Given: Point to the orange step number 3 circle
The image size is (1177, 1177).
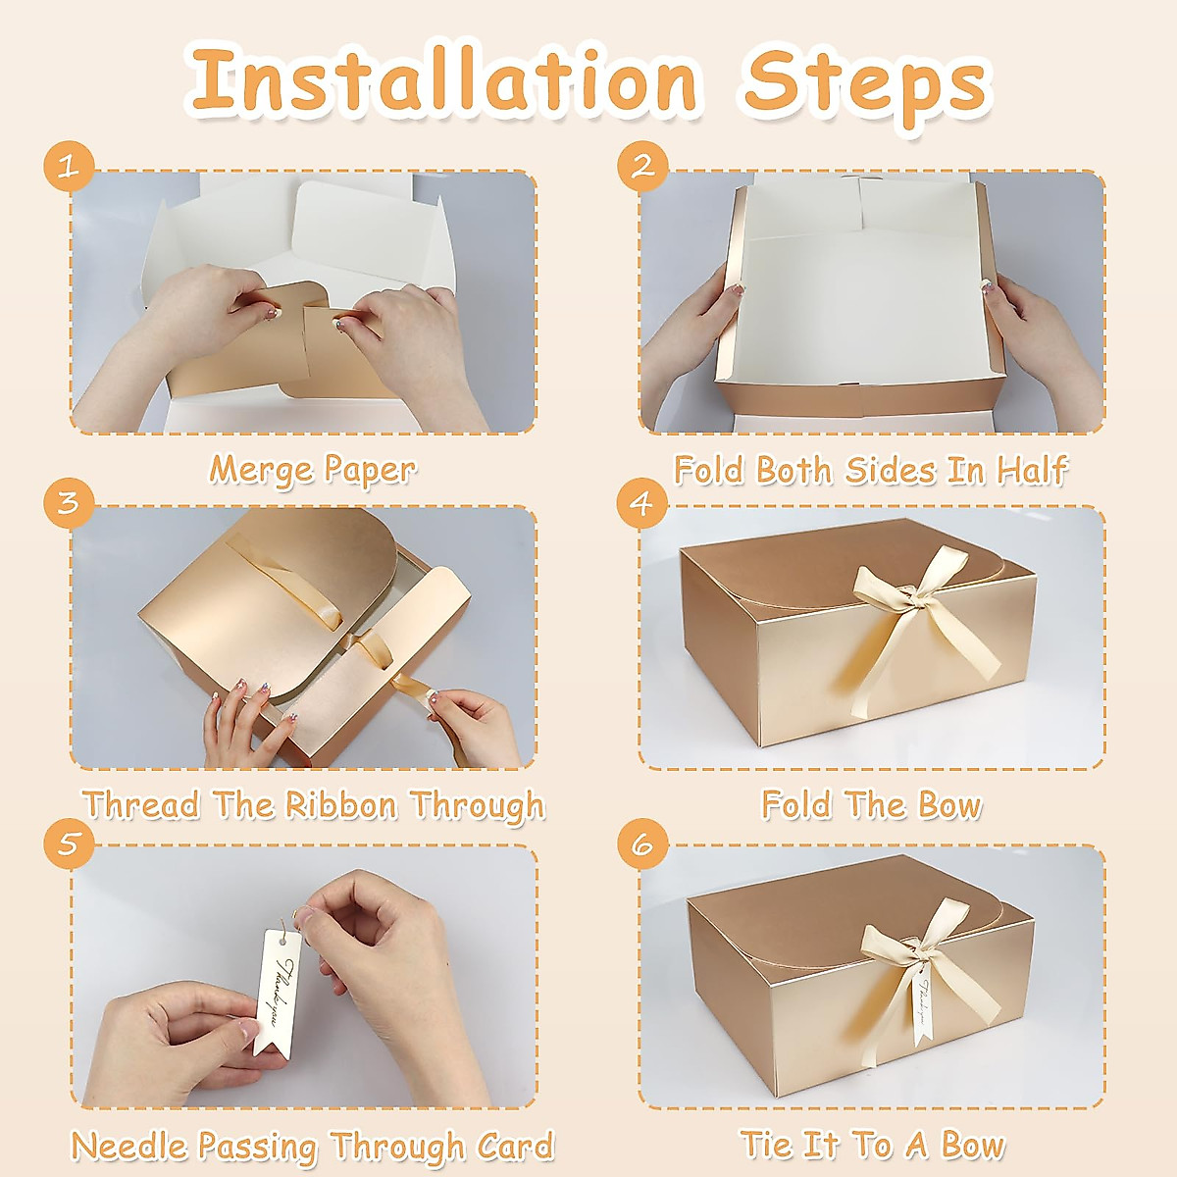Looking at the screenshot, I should pyautogui.click(x=68, y=503).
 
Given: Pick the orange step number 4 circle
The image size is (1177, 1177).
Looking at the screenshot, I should pyautogui.click(x=641, y=503).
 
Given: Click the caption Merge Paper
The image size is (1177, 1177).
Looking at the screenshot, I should pyautogui.click(x=312, y=470).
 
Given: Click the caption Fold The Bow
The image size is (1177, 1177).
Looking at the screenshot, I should pyautogui.click(x=871, y=805).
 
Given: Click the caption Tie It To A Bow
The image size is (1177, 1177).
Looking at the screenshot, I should pyautogui.click(x=871, y=1146).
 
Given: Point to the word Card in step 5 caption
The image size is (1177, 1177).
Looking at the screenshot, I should pyautogui.click(x=515, y=1146).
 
